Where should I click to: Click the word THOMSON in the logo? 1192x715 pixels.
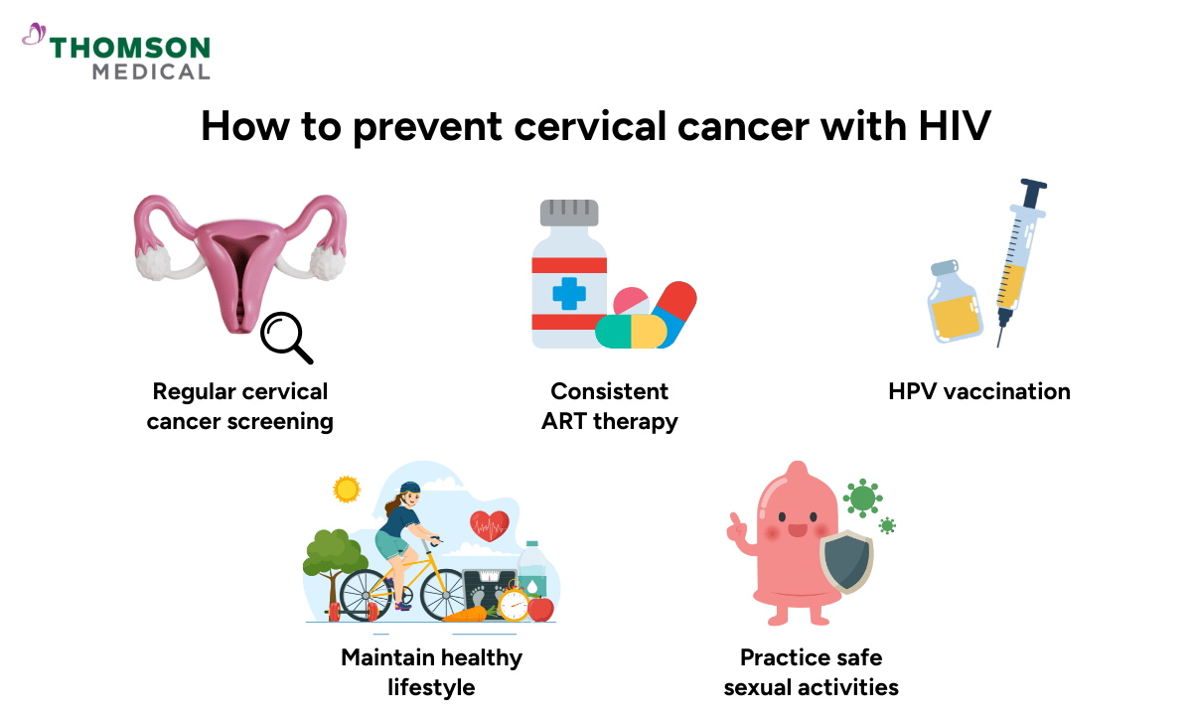click(x=130, y=48)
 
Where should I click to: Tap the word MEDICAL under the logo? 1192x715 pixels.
click(x=151, y=71)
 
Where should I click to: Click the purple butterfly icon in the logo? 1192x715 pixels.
click(x=35, y=36)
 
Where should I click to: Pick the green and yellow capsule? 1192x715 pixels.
click(x=631, y=332)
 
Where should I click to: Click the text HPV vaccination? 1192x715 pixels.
click(x=978, y=391)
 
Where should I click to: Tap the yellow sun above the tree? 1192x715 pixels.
click(x=347, y=489)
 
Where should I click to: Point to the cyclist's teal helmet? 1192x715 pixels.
click(x=409, y=490)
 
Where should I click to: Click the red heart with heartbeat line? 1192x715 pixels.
click(x=489, y=525)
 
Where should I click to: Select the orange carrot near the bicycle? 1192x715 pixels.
click(x=465, y=613)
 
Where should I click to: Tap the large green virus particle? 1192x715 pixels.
click(x=861, y=496)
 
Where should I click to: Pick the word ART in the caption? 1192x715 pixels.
click(x=565, y=421)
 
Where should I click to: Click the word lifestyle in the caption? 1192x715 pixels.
click(x=431, y=686)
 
